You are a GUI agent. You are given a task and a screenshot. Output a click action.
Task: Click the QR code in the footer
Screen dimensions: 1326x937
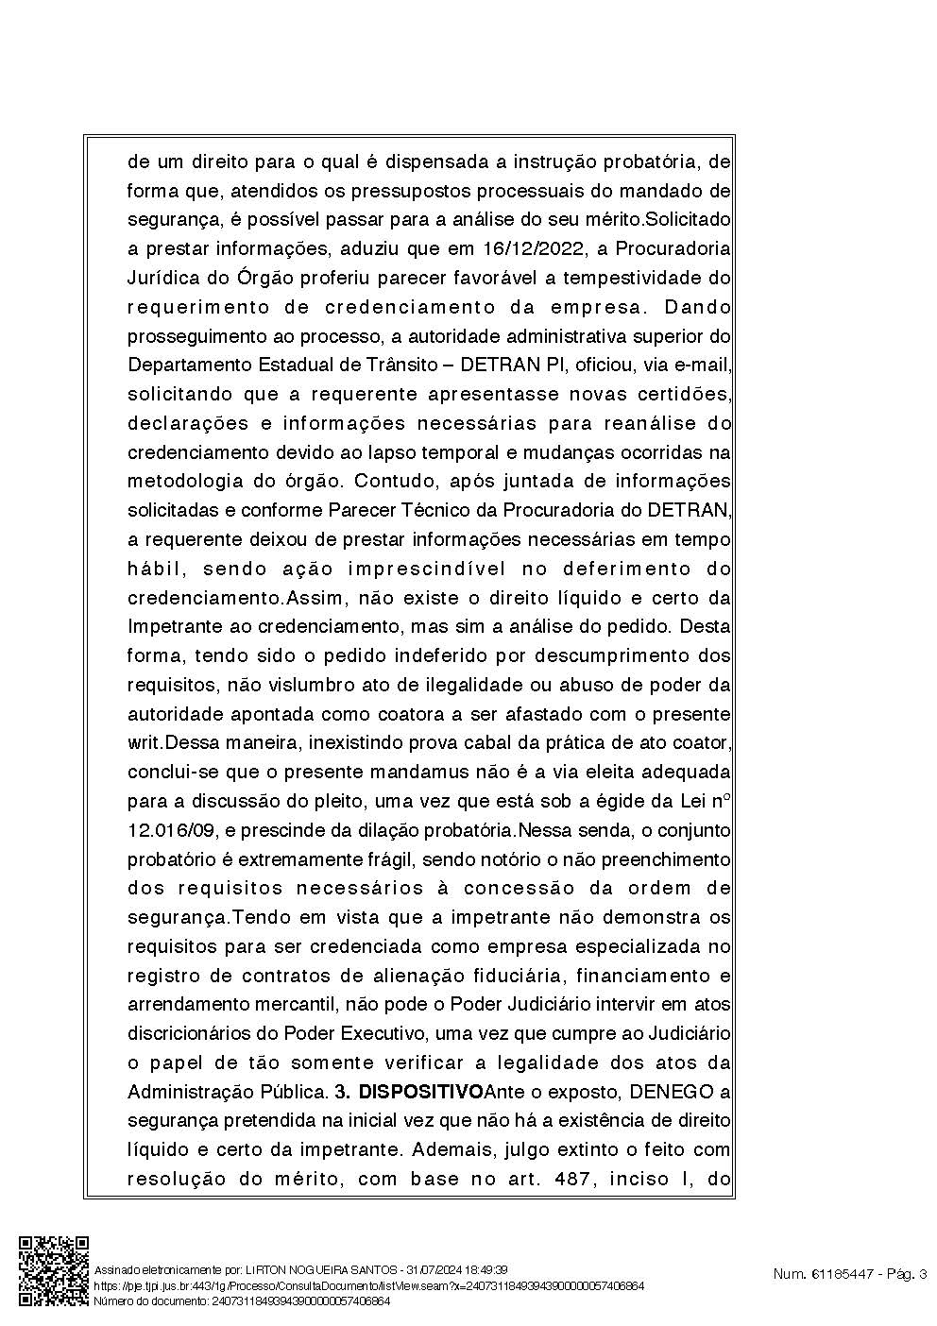coord(55,1271)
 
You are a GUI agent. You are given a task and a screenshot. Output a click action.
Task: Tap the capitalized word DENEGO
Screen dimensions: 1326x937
coord(669,1093)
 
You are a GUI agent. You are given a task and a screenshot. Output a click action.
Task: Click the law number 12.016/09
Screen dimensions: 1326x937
coord(173,830)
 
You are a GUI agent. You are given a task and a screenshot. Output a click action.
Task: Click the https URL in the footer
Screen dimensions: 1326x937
coord(368,1286)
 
